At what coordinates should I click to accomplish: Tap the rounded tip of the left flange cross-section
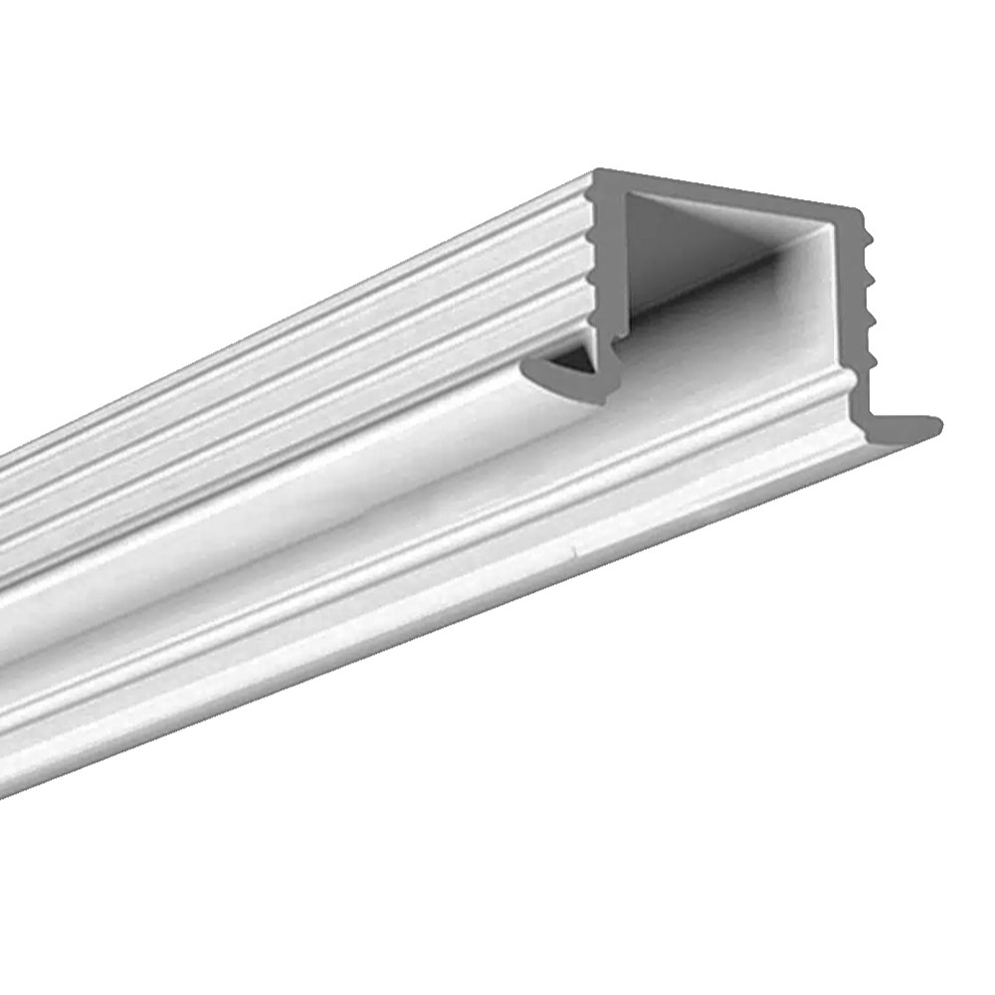tap(525, 370)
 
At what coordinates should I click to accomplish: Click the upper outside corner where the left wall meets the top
tap(597, 174)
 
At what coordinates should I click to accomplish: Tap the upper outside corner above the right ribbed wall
tap(856, 211)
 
